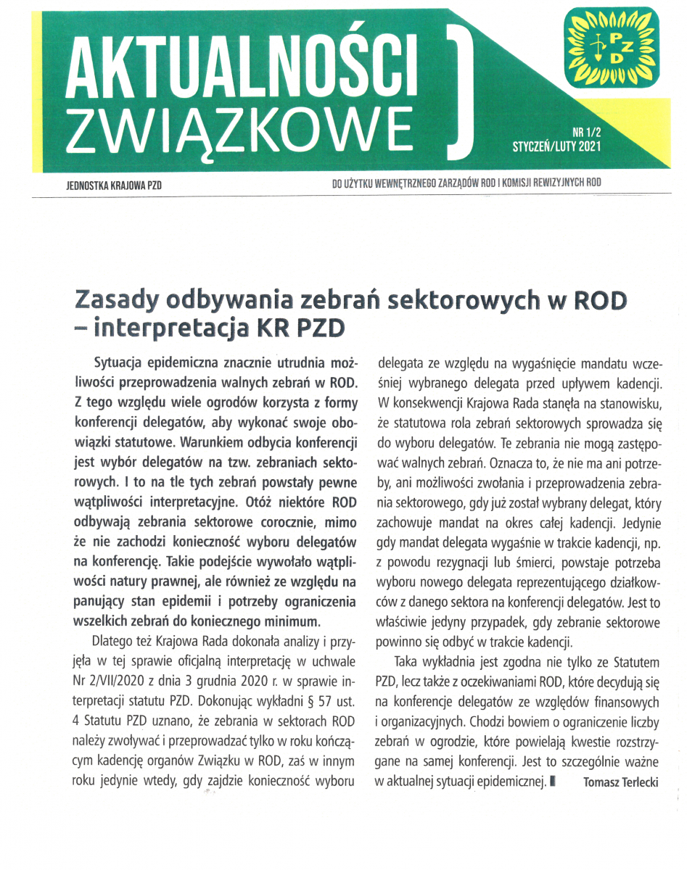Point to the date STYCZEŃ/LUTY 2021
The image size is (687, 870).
point(557,146)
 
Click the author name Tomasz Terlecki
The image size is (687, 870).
point(620,783)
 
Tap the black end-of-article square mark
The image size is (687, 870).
point(554,782)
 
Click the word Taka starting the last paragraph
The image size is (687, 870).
point(408,662)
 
